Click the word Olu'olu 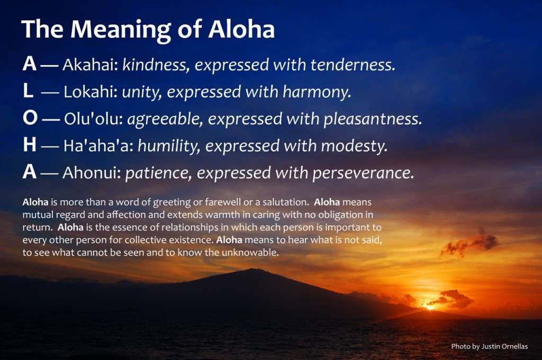click(94, 119)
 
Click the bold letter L click(28, 91)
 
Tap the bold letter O click(30, 118)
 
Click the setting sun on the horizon click(430, 307)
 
